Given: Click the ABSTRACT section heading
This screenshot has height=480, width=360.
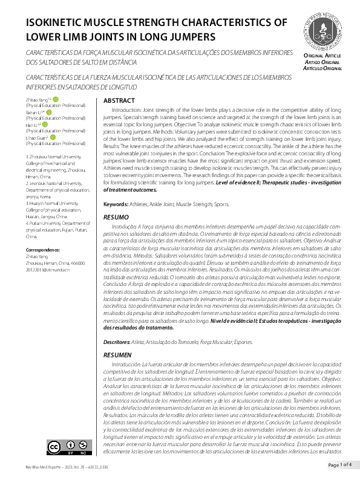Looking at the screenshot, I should coord(119,100).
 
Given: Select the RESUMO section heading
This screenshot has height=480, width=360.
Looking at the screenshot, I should coord(116,216).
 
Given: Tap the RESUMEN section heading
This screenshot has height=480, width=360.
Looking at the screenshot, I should coord(118,354).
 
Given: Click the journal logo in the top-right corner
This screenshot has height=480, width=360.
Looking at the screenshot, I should coord(323,30).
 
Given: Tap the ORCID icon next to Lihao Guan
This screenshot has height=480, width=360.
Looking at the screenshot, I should coord(53,137).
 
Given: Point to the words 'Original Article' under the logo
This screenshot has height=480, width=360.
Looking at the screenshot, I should coord(322,55).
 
